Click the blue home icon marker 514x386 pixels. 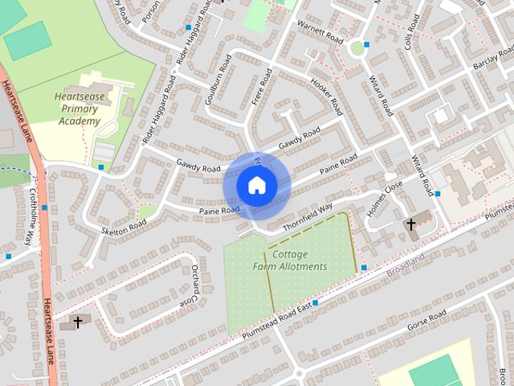pyautogui.click(x=256, y=186)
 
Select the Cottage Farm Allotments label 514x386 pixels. pyautogui.click(x=290, y=260)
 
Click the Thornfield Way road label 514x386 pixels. pyautogui.click(x=307, y=213)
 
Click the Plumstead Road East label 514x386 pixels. pyautogui.click(x=277, y=320)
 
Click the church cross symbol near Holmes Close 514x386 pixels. pyautogui.click(x=411, y=224)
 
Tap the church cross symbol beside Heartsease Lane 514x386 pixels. pyautogui.click(x=78, y=322)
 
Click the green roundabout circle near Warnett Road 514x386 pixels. pyautogui.click(x=357, y=48)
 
